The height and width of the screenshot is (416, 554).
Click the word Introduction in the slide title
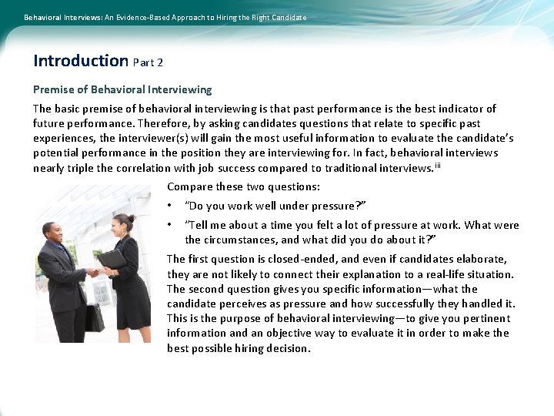click(81, 61)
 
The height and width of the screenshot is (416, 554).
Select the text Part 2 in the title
click(148, 62)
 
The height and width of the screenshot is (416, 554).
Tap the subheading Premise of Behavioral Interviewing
click(122, 90)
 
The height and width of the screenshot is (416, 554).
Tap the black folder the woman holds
click(112, 259)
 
